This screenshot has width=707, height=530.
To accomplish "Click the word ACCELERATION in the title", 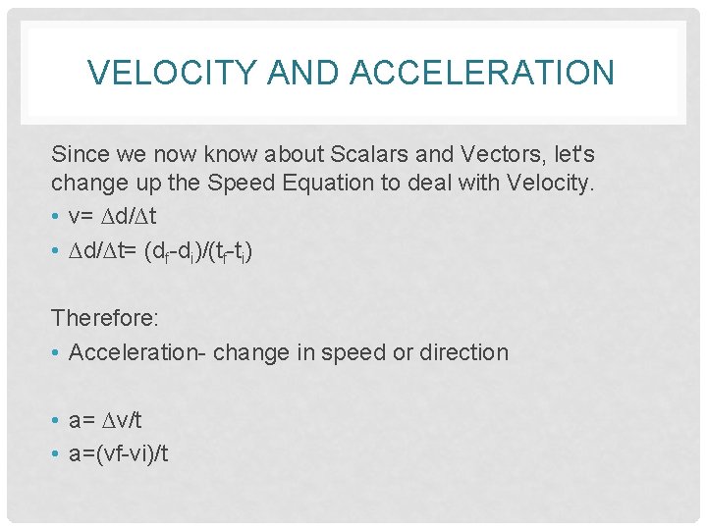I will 480,72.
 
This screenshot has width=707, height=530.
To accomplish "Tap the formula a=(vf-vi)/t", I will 119,452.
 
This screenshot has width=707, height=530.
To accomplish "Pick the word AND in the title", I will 299,72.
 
